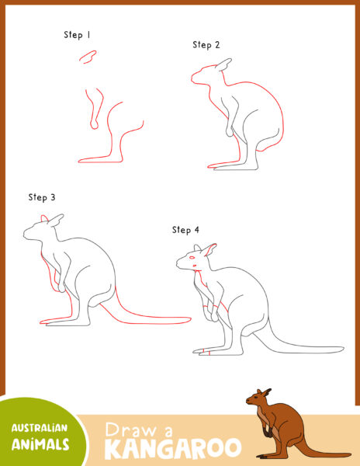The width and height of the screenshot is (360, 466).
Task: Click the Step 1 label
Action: point(78,35)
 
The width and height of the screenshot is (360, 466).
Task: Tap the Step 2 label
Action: point(206,45)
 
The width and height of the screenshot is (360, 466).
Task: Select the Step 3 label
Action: point(42,197)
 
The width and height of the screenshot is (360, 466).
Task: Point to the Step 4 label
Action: point(185,230)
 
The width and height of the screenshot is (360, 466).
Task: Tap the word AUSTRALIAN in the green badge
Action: point(39,428)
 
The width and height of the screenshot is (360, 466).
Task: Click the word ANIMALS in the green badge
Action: point(41,444)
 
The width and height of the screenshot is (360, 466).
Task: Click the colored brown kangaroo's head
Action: point(258,398)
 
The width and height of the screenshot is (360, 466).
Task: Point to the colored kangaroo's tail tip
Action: point(348,454)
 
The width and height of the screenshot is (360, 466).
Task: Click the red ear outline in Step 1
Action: point(88,56)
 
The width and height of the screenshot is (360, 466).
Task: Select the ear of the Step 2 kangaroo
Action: point(224,64)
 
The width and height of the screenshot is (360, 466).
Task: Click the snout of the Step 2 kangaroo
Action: point(195,78)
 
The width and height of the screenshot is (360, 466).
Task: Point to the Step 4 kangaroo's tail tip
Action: point(342,349)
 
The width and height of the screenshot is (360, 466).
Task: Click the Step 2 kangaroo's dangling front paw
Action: point(229,132)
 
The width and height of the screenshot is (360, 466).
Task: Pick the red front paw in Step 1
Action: point(94,122)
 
